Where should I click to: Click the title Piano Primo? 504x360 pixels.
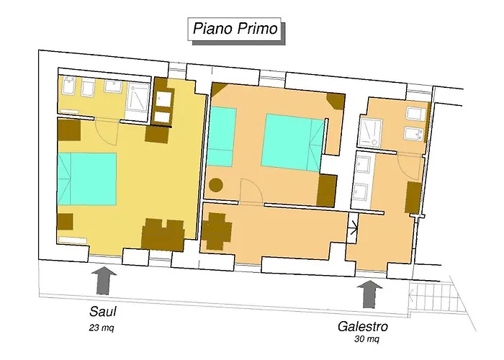234,30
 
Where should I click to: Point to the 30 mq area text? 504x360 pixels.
367,338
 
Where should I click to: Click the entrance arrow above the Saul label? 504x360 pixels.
105,279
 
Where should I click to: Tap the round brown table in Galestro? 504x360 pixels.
215,185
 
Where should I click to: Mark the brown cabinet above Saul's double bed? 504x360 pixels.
69,130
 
